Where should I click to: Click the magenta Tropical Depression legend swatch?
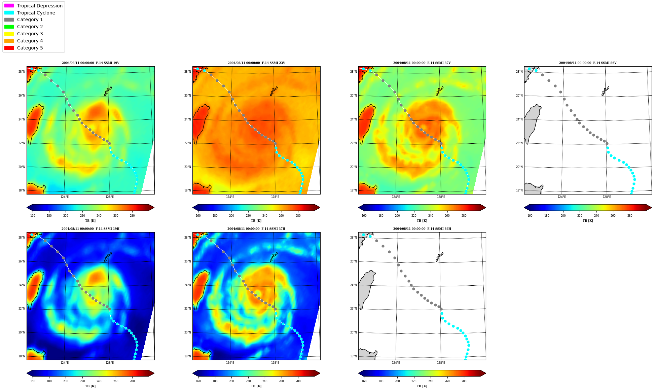pos(9,6)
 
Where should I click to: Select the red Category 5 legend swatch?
pos(9,48)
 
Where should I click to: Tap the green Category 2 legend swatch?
pos(9,27)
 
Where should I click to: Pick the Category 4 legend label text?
pos(30,41)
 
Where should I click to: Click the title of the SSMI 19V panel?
pos(90,63)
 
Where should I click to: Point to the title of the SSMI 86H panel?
pos(422,229)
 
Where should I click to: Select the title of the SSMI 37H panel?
pos(256,229)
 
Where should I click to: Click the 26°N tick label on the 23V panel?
pos(188,96)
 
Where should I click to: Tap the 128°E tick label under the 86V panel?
pos(607,197)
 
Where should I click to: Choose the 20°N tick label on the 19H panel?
pos(22,332)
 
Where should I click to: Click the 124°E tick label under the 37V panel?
pos(396,197)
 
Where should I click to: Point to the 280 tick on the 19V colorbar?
pos(132,216)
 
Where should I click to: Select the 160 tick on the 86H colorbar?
pos(364,381)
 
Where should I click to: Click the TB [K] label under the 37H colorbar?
pos(256,386)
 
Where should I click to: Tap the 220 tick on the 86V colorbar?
pos(580,216)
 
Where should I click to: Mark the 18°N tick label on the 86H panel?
pos(354,356)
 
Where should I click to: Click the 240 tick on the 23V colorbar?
pos(265,216)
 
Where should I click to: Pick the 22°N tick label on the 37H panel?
pos(188,309)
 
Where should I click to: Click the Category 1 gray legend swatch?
pos(9,20)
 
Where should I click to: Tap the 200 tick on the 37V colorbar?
pos(397,216)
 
